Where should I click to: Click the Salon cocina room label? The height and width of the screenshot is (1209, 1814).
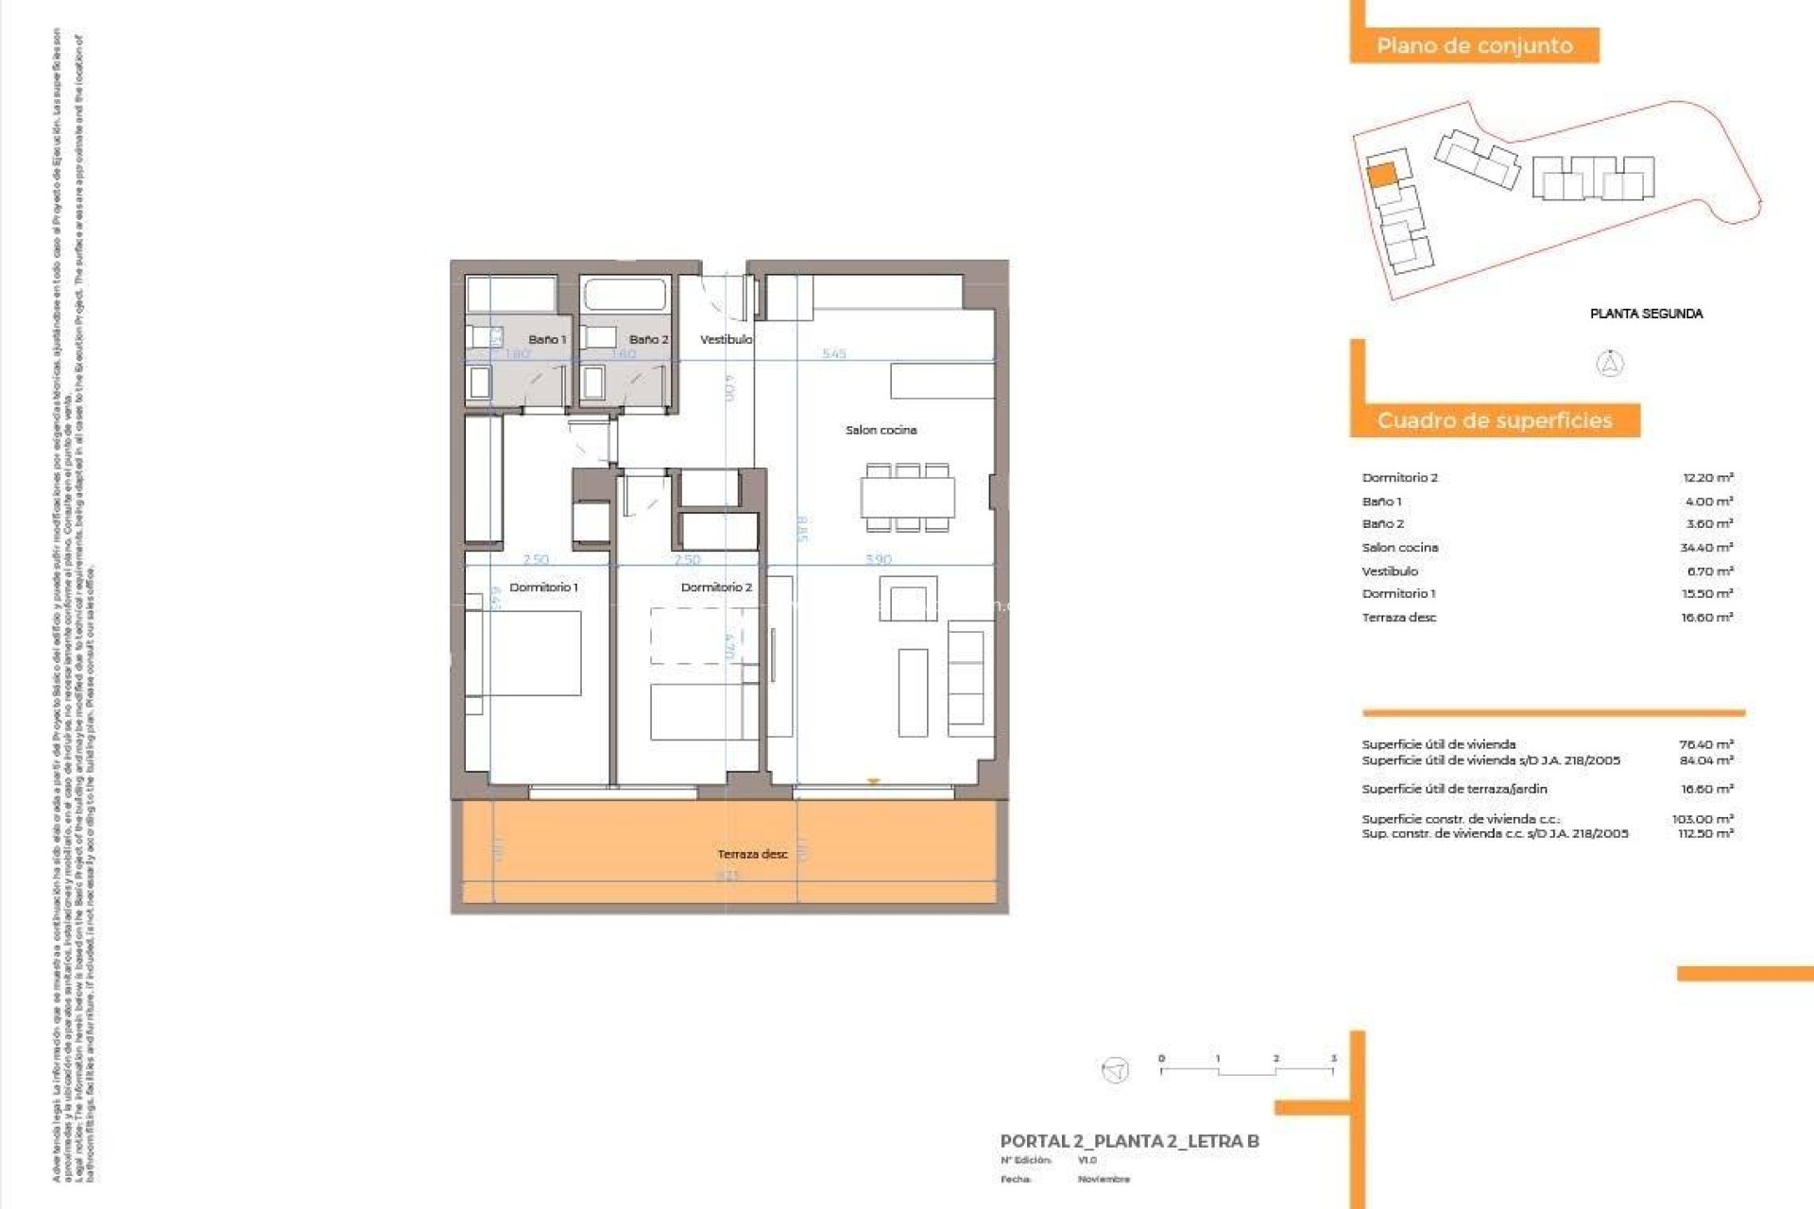[x=881, y=430]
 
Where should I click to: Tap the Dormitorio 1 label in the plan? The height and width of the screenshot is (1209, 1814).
[x=543, y=587]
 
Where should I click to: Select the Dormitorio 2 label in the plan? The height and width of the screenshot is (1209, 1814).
[x=716, y=587]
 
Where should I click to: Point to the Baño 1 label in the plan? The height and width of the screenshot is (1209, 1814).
[x=547, y=339]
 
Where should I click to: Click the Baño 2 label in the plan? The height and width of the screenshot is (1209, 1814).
[x=648, y=339]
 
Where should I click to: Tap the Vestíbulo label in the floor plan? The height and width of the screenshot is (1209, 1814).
[x=726, y=339]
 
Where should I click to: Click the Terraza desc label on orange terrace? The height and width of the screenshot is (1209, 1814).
[x=752, y=854]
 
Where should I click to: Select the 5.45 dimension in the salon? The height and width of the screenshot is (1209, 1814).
[x=833, y=354]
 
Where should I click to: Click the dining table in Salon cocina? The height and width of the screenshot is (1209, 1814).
[x=907, y=498]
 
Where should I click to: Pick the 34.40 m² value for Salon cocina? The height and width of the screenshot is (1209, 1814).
[x=1706, y=548]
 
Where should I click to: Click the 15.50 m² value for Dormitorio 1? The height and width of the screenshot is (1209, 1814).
[x=1706, y=594]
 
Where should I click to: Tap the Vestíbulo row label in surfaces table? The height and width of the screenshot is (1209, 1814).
[x=1390, y=571]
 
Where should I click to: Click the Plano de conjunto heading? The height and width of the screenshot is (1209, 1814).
[x=1474, y=45]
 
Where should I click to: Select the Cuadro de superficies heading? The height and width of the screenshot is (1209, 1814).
[x=1495, y=420]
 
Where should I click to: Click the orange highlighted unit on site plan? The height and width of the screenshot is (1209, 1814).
[x=1381, y=175]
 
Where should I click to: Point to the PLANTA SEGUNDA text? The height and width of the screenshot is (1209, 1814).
[x=1646, y=314]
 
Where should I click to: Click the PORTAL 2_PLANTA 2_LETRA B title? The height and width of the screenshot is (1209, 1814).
[x=1129, y=1141]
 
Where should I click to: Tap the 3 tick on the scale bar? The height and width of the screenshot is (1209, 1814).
[x=1333, y=1060]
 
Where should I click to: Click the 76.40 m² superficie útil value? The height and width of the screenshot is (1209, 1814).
[x=1705, y=744]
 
